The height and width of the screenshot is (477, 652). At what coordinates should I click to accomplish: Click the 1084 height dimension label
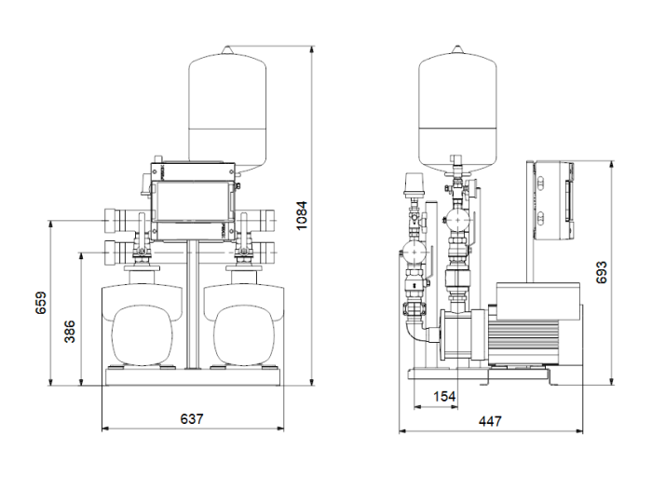click(301, 216)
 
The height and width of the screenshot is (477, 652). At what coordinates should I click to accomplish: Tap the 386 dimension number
click(69, 331)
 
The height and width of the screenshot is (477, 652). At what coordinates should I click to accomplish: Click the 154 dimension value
click(445, 397)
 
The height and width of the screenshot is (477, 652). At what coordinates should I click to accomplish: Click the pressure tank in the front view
click(225, 107)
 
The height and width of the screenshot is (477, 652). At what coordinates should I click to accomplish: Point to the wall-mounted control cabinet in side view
click(552, 200)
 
